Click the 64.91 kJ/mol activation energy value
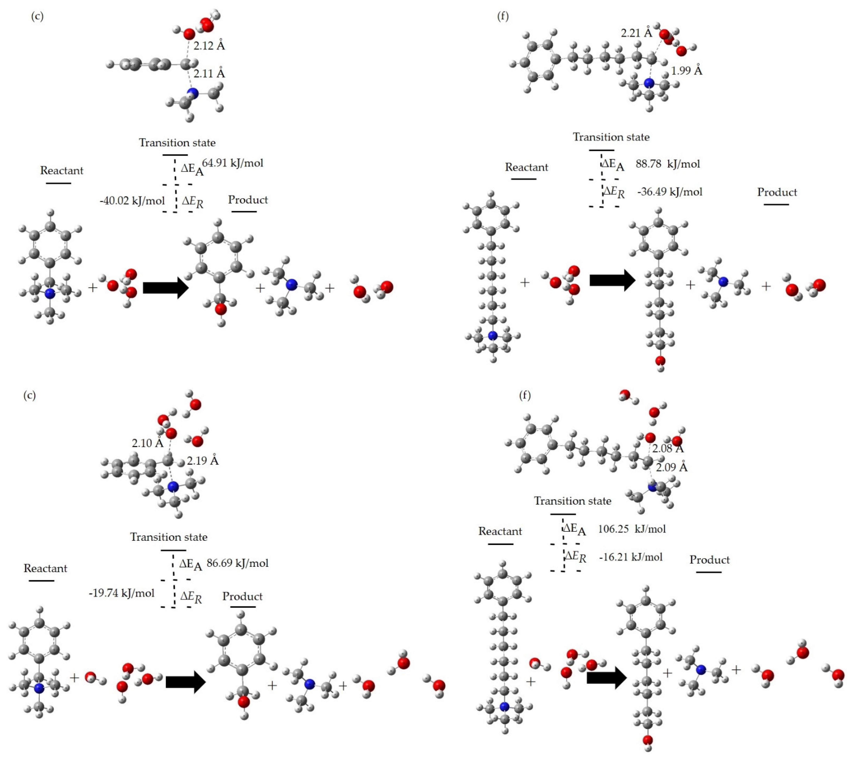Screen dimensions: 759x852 pos(233,163)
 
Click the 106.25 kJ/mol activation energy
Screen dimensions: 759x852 pos(632,529)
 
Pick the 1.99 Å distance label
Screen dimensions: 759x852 pos(686,70)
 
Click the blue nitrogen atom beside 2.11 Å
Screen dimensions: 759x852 pos(192,93)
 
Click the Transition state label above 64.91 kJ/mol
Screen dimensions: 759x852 pos(177,143)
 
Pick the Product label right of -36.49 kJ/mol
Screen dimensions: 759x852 pos(777,192)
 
